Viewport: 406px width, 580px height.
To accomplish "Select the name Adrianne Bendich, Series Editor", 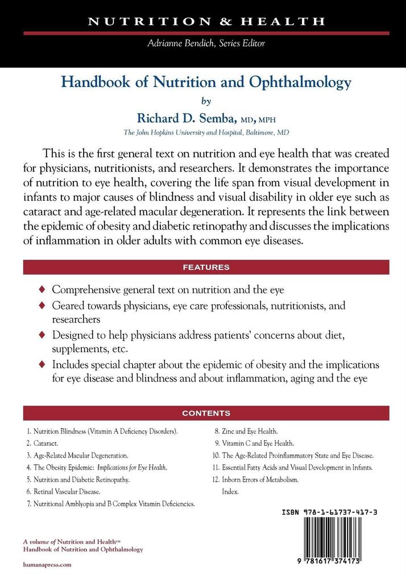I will (206, 43).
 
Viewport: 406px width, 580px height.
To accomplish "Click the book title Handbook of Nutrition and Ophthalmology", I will (206, 82).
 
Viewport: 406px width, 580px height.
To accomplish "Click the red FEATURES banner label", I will (206, 267).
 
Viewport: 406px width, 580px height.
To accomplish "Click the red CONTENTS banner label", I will (206, 413).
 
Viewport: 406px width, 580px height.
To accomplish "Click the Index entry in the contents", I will (230, 491).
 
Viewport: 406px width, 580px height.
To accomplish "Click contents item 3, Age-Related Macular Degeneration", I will (81, 455).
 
